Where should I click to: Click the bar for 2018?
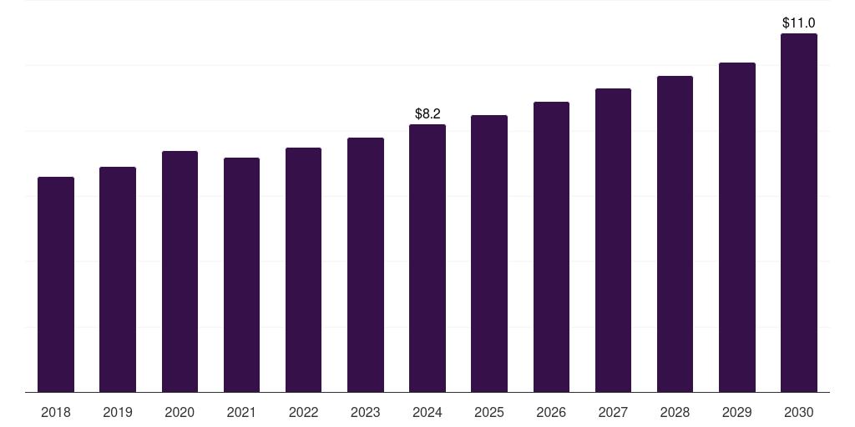pyautogui.click(x=56, y=284)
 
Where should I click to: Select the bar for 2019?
pyautogui.click(x=118, y=279)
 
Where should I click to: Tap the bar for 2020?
pyautogui.click(x=180, y=272)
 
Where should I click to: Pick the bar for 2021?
pyautogui.click(x=241, y=275)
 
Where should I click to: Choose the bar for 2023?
pyautogui.click(x=366, y=265)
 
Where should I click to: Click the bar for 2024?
pyautogui.click(x=427, y=259)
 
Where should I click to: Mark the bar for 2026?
pyautogui.click(x=551, y=247)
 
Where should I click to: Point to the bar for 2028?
pyautogui.click(x=675, y=234)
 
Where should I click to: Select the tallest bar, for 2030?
pyautogui.click(x=799, y=213)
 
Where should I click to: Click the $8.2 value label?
pyautogui.click(x=427, y=113)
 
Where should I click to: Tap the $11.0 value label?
pyautogui.click(x=799, y=23)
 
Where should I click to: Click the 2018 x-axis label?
pyautogui.click(x=56, y=412)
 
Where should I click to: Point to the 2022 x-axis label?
pyautogui.click(x=304, y=412)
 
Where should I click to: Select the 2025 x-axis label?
pyautogui.click(x=489, y=412)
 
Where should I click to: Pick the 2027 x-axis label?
pyautogui.click(x=613, y=412)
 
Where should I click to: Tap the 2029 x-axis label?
pyautogui.click(x=737, y=412)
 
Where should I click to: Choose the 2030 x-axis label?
pyautogui.click(x=799, y=412)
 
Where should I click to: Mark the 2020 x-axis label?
pyautogui.click(x=180, y=412)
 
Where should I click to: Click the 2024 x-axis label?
pyautogui.click(x=427, y=412)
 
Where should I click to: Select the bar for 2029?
pyautogui.click(x=737, y=228)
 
